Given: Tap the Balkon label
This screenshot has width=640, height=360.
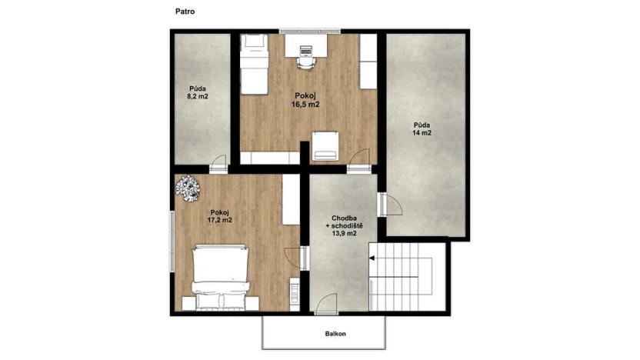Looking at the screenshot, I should pyautogui.click(x=335, y=333).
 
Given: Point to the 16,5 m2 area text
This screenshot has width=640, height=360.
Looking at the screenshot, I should pyautogui.click(x=305, y=105).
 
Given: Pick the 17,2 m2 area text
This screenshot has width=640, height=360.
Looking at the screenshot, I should pyautogui.click(x=220, y=219).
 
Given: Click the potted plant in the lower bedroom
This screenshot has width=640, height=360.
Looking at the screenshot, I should pyautogui.click(x=187, y=188).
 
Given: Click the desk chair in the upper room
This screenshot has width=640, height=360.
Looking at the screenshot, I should pyautogui.click(x=305, y=56).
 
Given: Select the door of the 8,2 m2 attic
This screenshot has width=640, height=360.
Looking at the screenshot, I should pyautogui.click(x=218, y=163).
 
